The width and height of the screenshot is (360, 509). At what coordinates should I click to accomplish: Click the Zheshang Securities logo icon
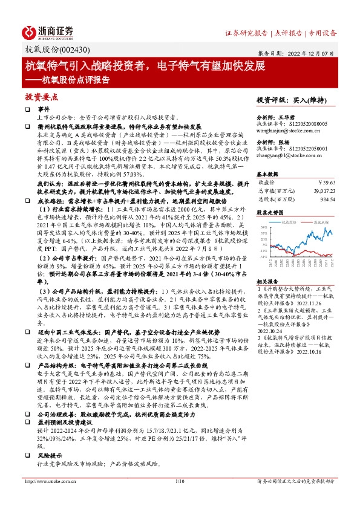30,31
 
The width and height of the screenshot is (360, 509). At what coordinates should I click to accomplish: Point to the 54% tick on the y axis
263,227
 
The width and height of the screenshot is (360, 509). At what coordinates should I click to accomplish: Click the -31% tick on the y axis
263,255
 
